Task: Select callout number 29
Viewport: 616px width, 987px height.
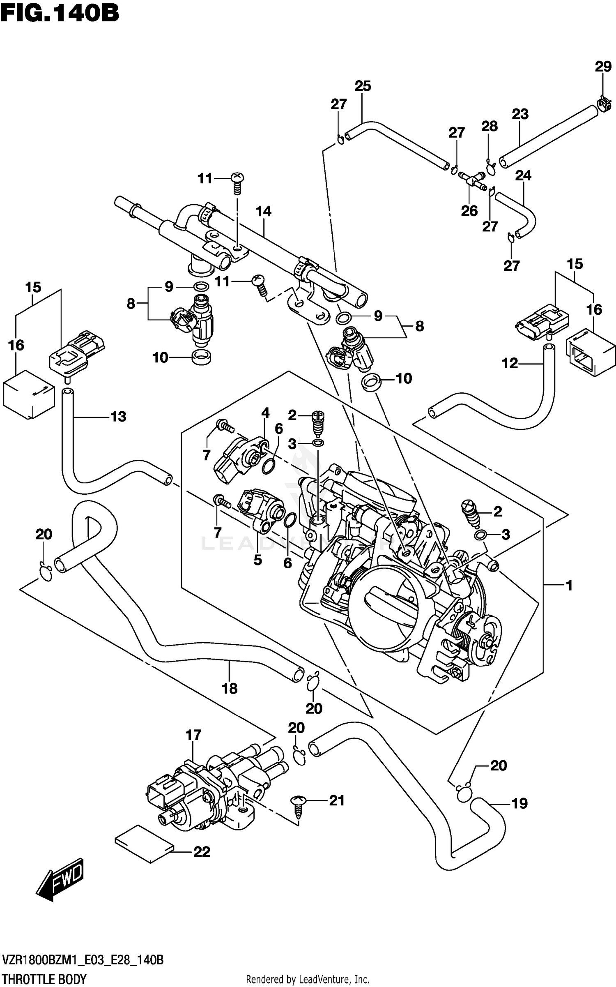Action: (x=603, y=67)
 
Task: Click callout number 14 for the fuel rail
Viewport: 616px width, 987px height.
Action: (x=263, y=211)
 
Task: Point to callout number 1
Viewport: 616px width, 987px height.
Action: (x=569, y=585)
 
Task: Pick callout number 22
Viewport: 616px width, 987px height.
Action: (x=202, y=852)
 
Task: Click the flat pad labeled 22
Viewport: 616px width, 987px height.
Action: (x=144, y=844)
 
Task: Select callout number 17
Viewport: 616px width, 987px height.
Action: (x=193, y=735)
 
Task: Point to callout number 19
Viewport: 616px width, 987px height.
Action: (x=519, y=803)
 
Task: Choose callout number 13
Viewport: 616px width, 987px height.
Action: (x=118, y=417)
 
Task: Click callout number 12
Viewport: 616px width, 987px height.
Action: (x=510, y=363)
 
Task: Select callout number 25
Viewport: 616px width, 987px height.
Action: (x=363, y=86)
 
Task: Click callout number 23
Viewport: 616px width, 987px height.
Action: (x=520, y=114)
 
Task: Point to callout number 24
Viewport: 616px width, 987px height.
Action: (x=523, y=175)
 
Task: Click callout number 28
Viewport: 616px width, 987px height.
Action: (x=490, y=126)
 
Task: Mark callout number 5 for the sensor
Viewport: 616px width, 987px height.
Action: (x=257, y=560)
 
